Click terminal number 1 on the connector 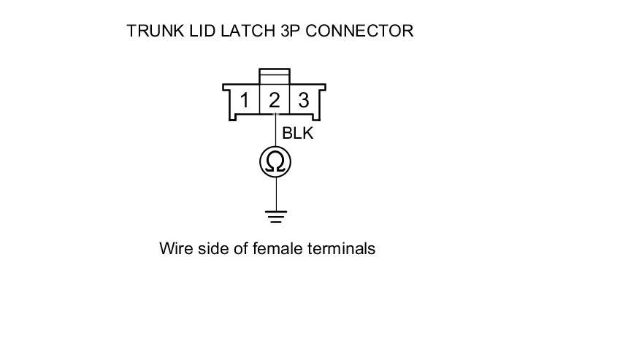click(245, 100)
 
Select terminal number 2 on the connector click(275, 100)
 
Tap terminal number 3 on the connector click(304, 100)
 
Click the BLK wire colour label click(298, 134)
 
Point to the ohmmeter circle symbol click(275, 161)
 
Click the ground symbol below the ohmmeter click(275, 215)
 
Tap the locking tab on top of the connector click(275, 76)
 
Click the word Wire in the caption click(175, 249)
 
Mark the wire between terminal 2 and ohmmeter click(275, 131)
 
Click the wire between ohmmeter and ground click(275, 194)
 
